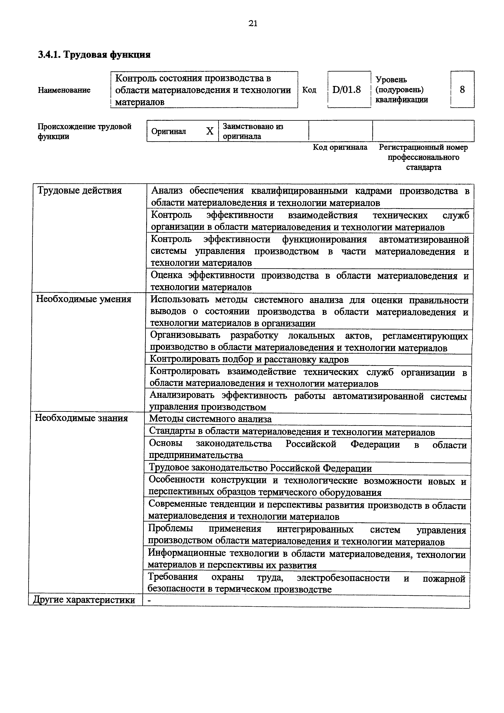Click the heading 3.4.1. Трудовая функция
point(94,55)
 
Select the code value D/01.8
point(347,90)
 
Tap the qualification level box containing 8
point(462,90)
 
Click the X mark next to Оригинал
point(210,131)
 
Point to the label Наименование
point(64,90)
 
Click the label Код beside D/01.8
point(309,90)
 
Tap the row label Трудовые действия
point(79,190)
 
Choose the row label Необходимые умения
point(84,299)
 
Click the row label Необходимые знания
point(81,418)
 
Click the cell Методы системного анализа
point(210,419)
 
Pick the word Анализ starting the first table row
point(167,191)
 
